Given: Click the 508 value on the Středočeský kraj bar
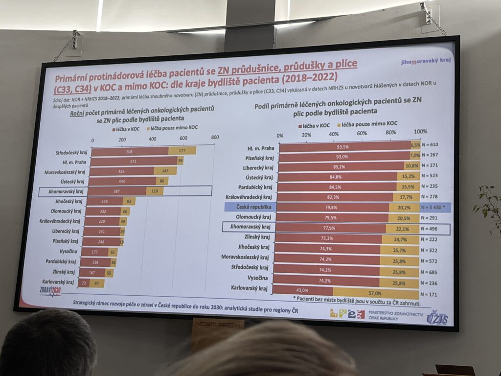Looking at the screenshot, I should tap(130, 152).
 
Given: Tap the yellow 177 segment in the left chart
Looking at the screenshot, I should tap(182, 150).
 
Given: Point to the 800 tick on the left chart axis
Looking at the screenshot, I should tap(214, 138).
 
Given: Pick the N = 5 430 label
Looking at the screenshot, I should tap(434, 207).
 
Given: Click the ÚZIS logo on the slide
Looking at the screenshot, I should tap(436, 317).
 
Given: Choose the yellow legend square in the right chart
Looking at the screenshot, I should tap(338, 125).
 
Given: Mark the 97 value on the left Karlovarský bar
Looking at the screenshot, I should tap(96, 283).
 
